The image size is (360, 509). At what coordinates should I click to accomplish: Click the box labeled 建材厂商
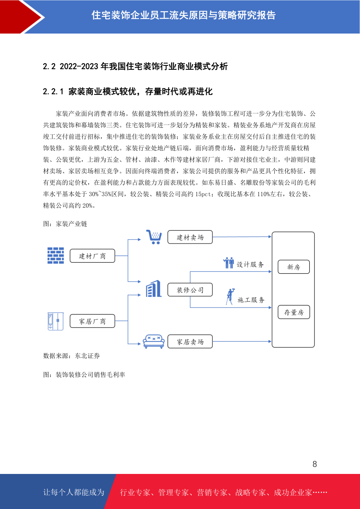[x=92, y=256]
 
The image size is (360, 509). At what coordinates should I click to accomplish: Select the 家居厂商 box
[x=92, y=321]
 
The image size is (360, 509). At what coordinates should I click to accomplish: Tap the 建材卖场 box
[x=190, y=237]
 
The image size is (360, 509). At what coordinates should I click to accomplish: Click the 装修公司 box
[x=190, y=290]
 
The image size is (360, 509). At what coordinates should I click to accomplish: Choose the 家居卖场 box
[x=190, y=342]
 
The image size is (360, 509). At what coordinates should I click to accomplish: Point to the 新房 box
[x=294, y=267]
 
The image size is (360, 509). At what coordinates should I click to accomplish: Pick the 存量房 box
[x=294, y=312]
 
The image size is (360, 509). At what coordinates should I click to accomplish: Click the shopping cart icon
[x=154, y=237]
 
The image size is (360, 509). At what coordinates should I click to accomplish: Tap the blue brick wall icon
[x=56, y=255]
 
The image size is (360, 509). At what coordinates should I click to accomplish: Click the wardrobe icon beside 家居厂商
[x=55, y=321]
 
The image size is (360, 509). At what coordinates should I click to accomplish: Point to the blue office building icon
[x=154, y=289]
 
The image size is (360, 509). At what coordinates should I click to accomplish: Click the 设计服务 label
[x=250, y=264]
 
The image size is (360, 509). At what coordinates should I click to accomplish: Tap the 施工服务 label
[x=251, y=300]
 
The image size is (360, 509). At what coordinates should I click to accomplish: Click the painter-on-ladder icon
[x=230, y=297]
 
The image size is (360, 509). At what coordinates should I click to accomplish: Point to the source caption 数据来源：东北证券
[x=71, y=356]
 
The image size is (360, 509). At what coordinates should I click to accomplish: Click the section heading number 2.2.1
[x=53, y=92]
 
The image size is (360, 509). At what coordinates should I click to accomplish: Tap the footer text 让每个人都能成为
[x=74, y=492]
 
